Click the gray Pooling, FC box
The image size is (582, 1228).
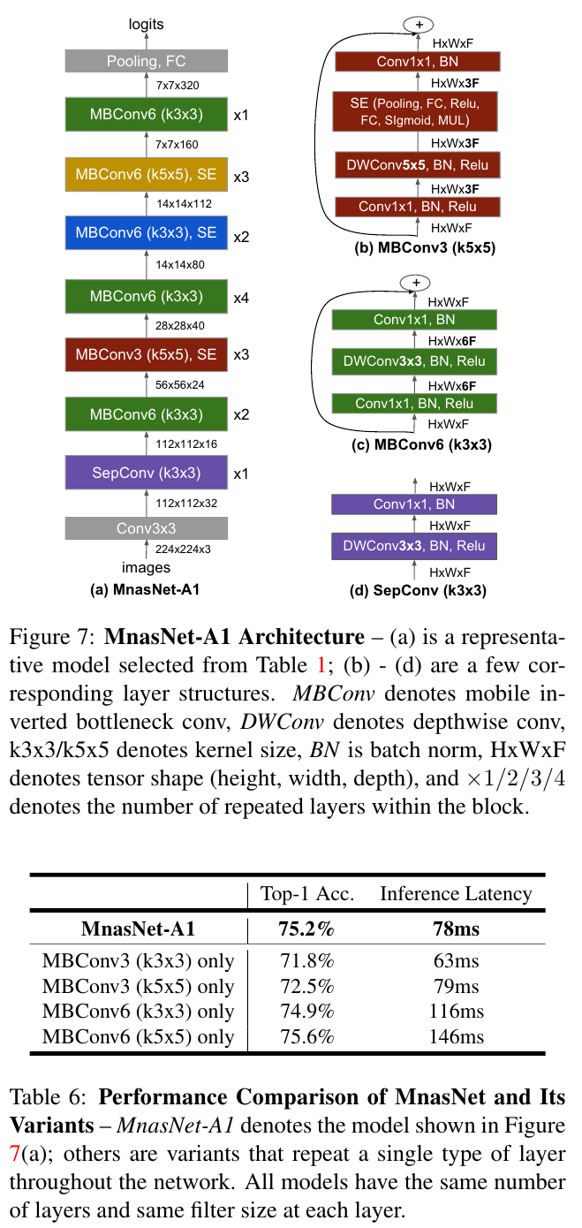(146, 61)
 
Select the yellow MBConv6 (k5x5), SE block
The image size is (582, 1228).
(146, 175)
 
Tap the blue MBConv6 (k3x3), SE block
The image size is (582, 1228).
(146, 234)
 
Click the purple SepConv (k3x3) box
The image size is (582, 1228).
(146, 473)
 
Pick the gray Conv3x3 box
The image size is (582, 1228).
(146, 528)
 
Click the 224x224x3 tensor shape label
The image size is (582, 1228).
(183, 549)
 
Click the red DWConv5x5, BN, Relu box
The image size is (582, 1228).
(417, 165)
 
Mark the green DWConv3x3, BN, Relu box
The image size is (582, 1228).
(414, 361)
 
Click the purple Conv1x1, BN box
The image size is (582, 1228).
(414, 504)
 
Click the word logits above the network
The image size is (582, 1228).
(146, 25)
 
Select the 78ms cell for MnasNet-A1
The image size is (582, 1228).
(456, 929)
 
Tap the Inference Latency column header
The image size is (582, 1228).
(456, 893)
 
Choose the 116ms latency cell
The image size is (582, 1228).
(456, 1012)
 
